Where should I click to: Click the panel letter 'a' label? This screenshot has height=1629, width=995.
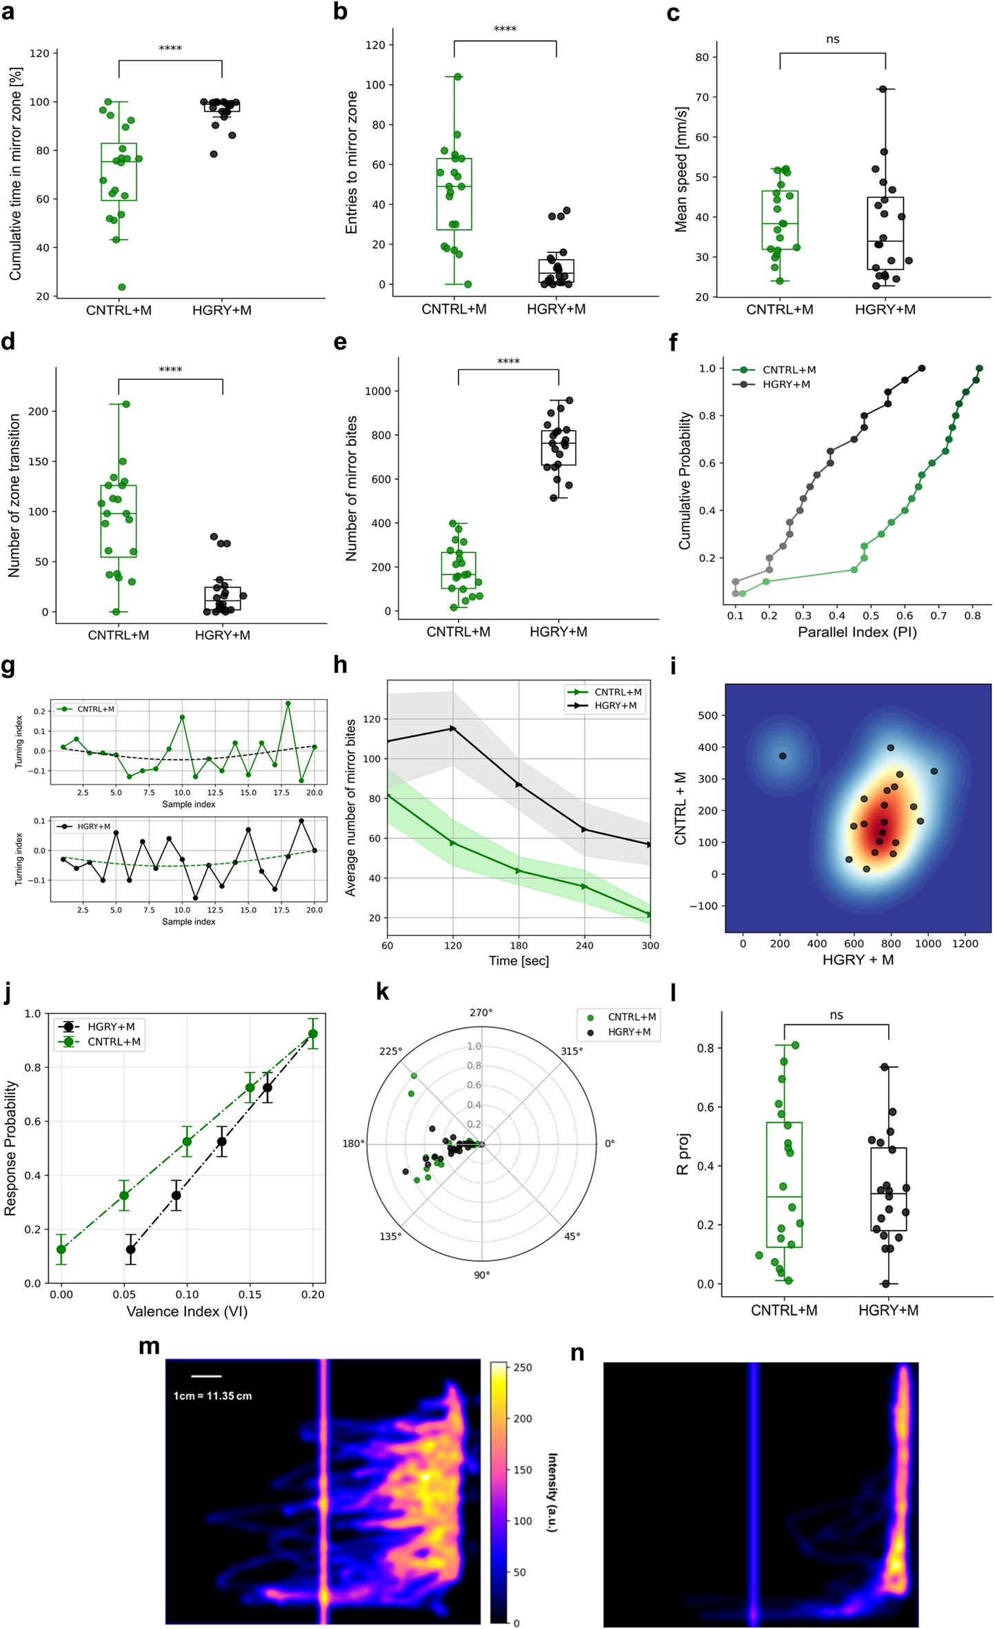pyautogui.click(x=8, y=12)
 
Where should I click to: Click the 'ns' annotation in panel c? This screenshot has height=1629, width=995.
pyautogui.click(x=832, y=39)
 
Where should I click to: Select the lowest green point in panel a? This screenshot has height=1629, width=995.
pyautogui.click(x=121, y=287)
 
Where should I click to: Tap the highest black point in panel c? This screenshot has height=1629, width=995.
pyautogui.click(x=882, y=89)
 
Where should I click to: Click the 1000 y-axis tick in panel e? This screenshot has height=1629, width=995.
pyautogui.click(x=377, y=391)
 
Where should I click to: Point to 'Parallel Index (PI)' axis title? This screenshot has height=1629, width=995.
pyautogui.click(x=857, y=632)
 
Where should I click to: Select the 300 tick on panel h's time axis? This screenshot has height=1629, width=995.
pyautogui.click(x=650, y=945)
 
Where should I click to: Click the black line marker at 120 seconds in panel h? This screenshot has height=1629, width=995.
pyautogui.click(x=453, y=728)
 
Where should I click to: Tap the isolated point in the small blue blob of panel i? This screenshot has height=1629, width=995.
pyautogui.click(x=783, y=756)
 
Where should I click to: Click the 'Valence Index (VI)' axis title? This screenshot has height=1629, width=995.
pyautogui.click(x=186, y=1311)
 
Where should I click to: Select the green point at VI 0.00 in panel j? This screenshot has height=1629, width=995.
pyautogui.click(x=61, y=1249)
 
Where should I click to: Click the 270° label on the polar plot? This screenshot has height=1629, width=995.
pyautogui.click(x=481, y=1013)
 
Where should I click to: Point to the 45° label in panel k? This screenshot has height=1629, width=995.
pyautogui.click(x=572, y=1236)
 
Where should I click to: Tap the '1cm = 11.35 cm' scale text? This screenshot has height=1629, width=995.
pyautogui.click(x=212, y=1395)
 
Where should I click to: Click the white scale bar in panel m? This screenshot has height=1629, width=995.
pyautogui.click(x=205, y=1376)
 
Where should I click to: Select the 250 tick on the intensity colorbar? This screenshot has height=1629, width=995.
pyautogui.click(x=523, y=1368)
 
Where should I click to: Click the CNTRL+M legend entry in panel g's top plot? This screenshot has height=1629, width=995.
pyautogui.click(x=95, y=709)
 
